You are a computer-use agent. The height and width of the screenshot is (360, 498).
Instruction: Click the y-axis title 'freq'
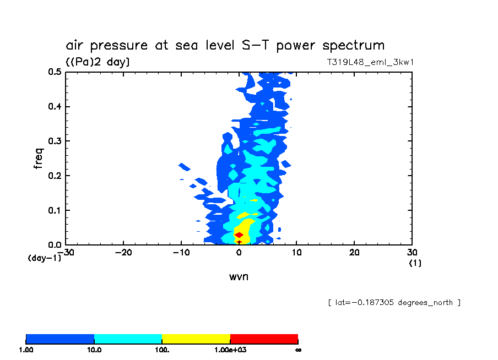38,158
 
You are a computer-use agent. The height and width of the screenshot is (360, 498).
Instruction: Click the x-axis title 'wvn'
239,276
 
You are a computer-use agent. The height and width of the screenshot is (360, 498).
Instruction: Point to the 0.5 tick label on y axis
54,72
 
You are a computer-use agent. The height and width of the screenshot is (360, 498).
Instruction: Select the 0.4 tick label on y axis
54,107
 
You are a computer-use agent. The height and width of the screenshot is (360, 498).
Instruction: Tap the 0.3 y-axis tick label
54,141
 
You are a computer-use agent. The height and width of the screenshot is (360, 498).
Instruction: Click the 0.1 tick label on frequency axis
54,211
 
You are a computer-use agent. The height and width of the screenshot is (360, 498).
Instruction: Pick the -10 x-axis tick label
181,253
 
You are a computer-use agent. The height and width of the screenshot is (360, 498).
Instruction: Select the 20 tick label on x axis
354,253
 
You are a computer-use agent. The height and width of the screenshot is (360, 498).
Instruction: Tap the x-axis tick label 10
296,253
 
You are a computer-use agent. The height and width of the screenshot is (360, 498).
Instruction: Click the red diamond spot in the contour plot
239,235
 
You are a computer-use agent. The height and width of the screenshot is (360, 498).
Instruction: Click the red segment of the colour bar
264,339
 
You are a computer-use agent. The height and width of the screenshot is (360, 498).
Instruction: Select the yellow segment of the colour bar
196,339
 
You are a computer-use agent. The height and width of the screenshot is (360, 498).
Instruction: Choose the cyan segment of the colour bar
128,339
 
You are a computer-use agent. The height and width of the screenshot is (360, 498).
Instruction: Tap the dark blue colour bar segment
60,339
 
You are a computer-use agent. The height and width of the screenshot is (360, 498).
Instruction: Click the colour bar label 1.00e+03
230,350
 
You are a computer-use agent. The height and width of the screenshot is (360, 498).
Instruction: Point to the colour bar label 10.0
94,350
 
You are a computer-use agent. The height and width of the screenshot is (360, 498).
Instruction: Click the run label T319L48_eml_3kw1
370,62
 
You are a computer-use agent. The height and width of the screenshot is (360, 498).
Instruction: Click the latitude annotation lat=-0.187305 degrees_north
394,302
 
